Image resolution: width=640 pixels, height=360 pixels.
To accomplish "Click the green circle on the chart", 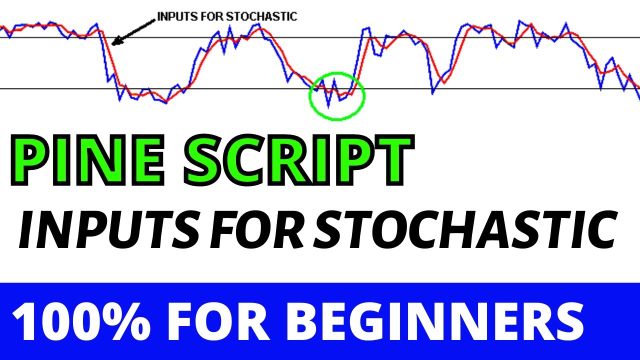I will coord(337,95).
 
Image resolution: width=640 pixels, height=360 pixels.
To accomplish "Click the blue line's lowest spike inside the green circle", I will coord(328,106).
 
